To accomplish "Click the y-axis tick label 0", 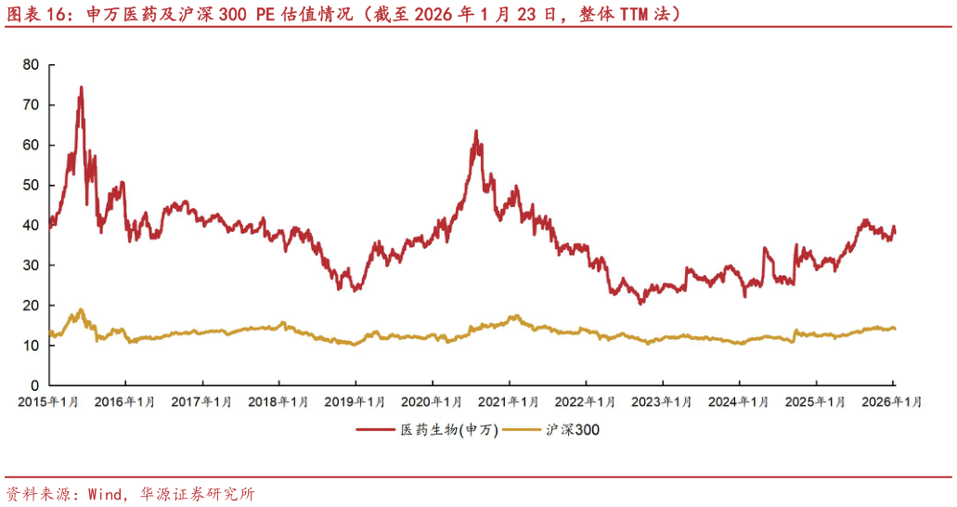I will pyautogui.click(x=34, y=384).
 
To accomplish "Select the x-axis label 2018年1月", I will pyautogui.click(x=278, y=402).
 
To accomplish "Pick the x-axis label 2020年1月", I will pyautogui.click(x=432, y=402).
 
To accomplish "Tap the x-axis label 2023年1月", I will pyautogui.click(x=662, y=402).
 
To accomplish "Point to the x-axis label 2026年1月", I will pyautogui.click(x=892, y=402).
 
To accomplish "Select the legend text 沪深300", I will pyautogui.click(x=573, y=430).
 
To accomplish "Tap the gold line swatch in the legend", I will pyautogui.click(x=519, y=430).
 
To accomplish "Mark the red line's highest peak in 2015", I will pyautogui.click(x=81, y=87).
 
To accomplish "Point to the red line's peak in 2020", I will pyautogui.click(x=475, y=131).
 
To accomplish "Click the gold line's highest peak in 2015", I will pyautogui.click(x=81, y=309).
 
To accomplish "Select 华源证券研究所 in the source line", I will pyautogui.click(x=197, y=494).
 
